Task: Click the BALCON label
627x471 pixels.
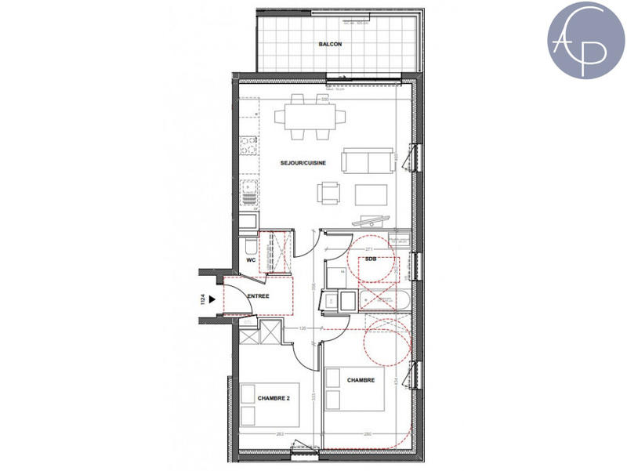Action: (330, 45)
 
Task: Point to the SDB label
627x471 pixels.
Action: (371, 258)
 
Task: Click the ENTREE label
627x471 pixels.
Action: (258, 296)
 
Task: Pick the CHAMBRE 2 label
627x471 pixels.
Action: (274, 399)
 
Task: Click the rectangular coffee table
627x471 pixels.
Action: (371, 193)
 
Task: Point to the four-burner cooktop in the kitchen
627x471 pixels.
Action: (248, 144)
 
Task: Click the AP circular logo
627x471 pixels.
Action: (586, 39)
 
